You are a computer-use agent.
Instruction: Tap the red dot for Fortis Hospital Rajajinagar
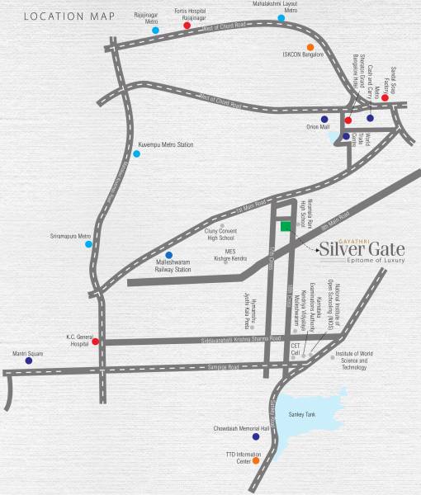point(187,26)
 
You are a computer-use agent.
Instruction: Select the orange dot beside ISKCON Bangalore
point(310,47)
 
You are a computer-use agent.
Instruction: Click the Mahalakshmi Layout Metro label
point(279,7)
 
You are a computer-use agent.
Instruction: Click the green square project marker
point(285,226)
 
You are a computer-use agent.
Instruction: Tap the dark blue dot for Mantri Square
point(29,361)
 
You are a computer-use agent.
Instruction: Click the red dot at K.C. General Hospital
point(96,342)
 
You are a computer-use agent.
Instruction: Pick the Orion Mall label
point(314,128)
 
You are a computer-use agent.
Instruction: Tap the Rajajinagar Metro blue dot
point(154,30)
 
